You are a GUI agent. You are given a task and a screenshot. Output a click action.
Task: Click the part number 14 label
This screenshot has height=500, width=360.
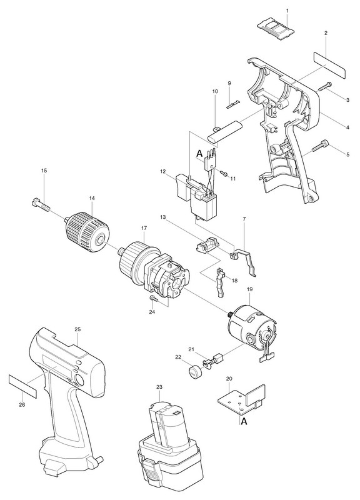[x=92, y=198]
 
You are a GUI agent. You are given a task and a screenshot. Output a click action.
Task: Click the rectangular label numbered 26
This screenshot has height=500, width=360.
[x=22, y=386]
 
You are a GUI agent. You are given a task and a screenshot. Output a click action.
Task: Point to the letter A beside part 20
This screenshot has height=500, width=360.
[x=244, y=421]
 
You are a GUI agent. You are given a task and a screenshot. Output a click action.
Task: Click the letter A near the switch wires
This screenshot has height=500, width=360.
[x=199, y=154]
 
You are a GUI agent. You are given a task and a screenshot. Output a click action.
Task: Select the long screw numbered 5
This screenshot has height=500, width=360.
[x=320, y=146]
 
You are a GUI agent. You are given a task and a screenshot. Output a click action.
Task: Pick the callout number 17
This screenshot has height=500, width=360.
[x=144, y=228]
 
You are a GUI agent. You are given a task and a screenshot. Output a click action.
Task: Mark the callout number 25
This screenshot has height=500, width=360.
[x=78, y=330]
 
